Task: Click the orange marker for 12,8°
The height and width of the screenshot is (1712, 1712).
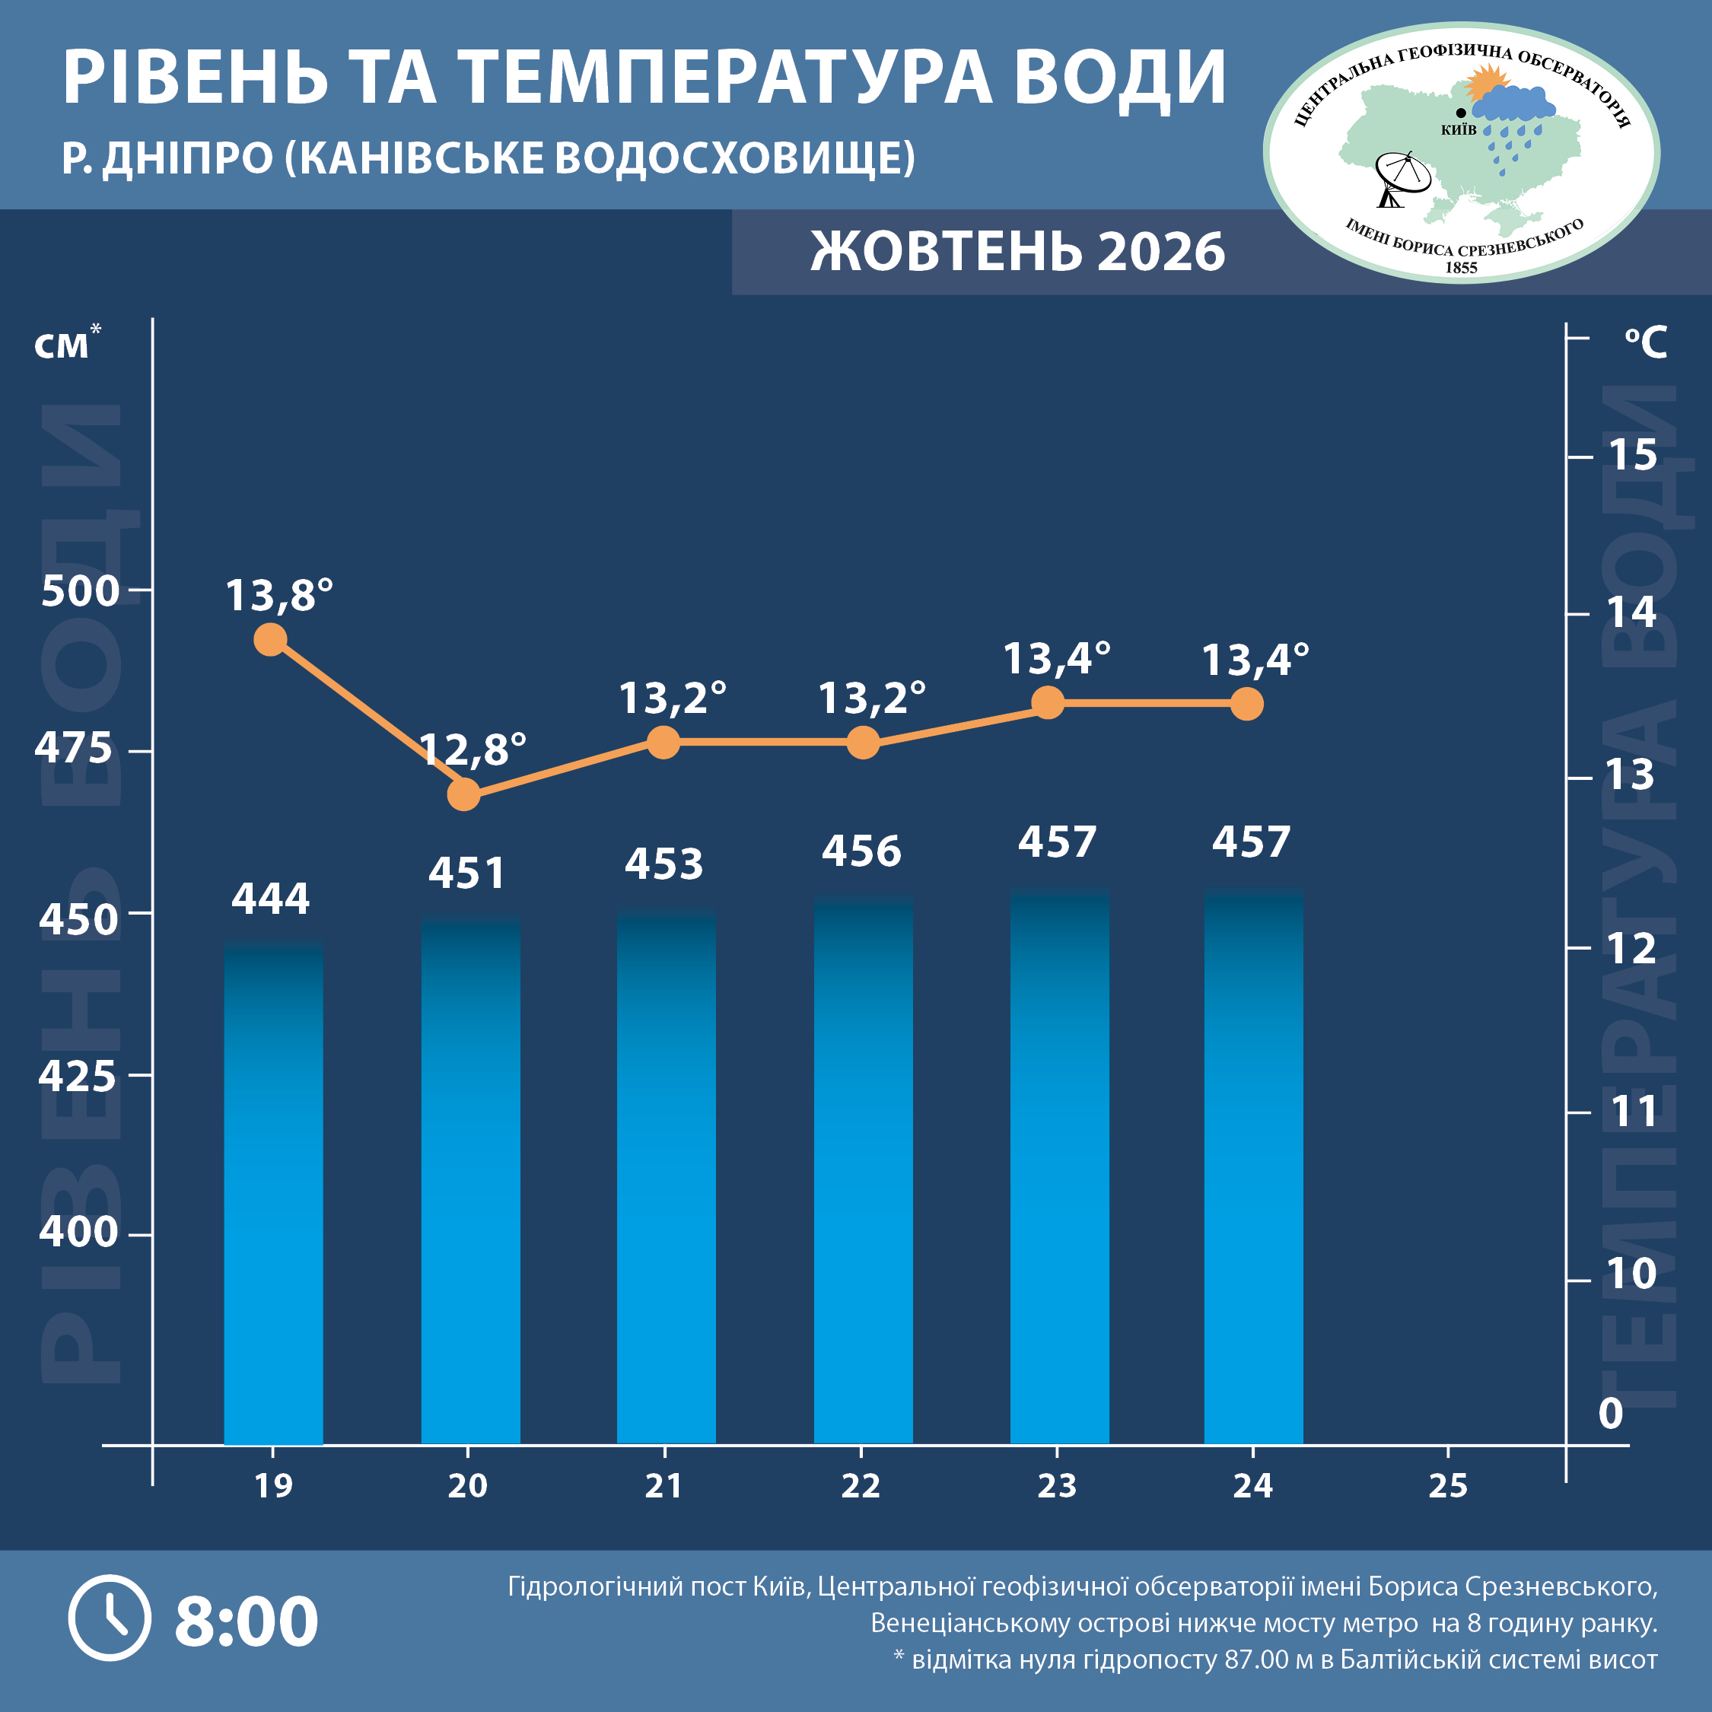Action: pyautogui.click(x=463, y=794)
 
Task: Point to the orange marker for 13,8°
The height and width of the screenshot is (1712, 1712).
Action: pyautogui.click(x=270, y=639)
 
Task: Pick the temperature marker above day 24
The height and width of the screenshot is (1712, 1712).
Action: pyautogui.click(x=1247, y=705)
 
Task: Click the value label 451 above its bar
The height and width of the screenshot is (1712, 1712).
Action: pyautogui.click(x=467, y=874)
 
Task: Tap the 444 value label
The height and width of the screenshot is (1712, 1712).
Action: pyautogui.click(x=270, y=899)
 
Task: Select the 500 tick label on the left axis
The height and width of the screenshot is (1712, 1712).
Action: pyautogui.click(x=80, y=591)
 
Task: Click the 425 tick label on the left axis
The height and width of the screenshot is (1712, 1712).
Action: pyautogui.click(x=77, y=1077)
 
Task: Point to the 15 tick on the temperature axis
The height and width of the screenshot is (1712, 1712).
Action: pyautogui.click(x=1632, y=456)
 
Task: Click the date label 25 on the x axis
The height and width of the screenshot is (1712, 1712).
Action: pyautogui.click(x=1448, y=1486)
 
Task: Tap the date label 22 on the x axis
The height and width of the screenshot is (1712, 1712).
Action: pyautogui.click(x=861, y=1486)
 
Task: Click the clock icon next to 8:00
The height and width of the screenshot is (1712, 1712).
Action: pyautogui.click(x=110, y=1618)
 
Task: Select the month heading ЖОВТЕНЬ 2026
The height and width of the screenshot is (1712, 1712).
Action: pyautogui.click(x=1017, y=252)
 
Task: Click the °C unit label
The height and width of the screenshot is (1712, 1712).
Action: pyautogui.click(x=1647, y=342)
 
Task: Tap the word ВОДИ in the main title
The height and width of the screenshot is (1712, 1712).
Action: pyautogui.click(x=1120, y=78)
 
